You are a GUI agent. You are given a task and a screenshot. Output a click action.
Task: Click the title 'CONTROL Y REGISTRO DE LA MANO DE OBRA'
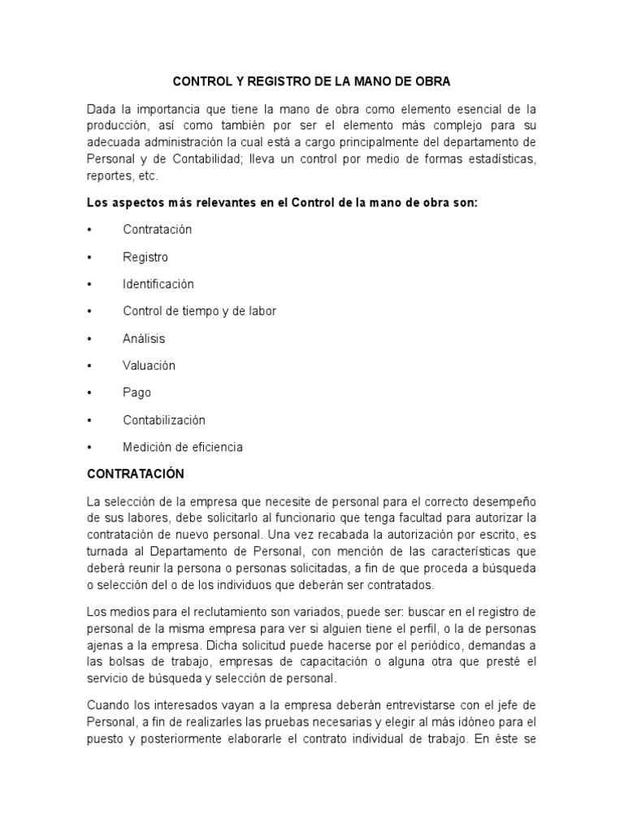click(x=311, y=82)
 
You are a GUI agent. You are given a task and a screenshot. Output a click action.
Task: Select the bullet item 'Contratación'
click(x=158, y=230)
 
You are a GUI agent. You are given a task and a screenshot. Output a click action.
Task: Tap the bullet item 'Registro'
click(x=145, y=258)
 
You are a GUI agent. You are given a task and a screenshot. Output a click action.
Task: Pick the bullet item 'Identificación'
click(x=158, y=284)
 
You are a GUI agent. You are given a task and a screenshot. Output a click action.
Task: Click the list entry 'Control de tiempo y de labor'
click(x=200, y=311)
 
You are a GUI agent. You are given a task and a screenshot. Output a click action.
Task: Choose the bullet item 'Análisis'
click(x=144, y=339)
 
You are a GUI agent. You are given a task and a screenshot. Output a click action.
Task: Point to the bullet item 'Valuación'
click(x=149, y=366)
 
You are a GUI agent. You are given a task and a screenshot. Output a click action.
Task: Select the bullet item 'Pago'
click(x=137, y=393)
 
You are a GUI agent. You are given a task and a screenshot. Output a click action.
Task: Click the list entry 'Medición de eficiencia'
click(x=183, y=448)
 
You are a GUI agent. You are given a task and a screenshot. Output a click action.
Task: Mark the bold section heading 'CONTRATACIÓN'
click(x=135, y=474)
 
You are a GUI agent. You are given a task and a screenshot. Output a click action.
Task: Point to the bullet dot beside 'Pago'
click(x=90, y=393)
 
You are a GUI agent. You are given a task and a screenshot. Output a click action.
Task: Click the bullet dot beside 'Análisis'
click(x=90, y=339)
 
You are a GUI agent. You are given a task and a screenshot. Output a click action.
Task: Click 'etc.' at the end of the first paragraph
click(x=149, y=175)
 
